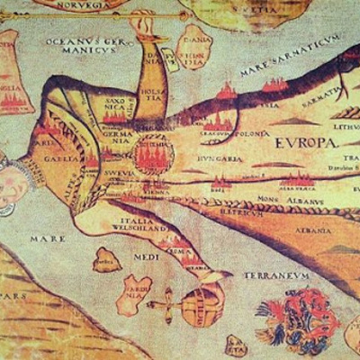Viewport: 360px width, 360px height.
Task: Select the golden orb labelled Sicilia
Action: pos(200,306)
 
